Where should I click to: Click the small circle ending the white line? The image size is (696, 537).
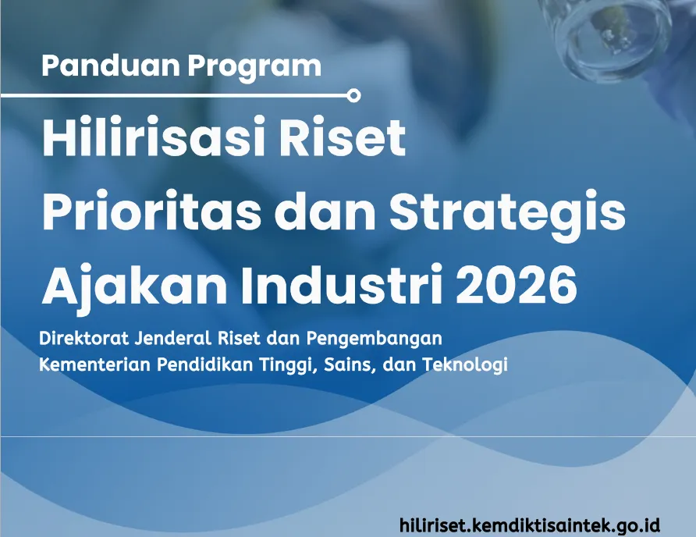click(353, 95)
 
